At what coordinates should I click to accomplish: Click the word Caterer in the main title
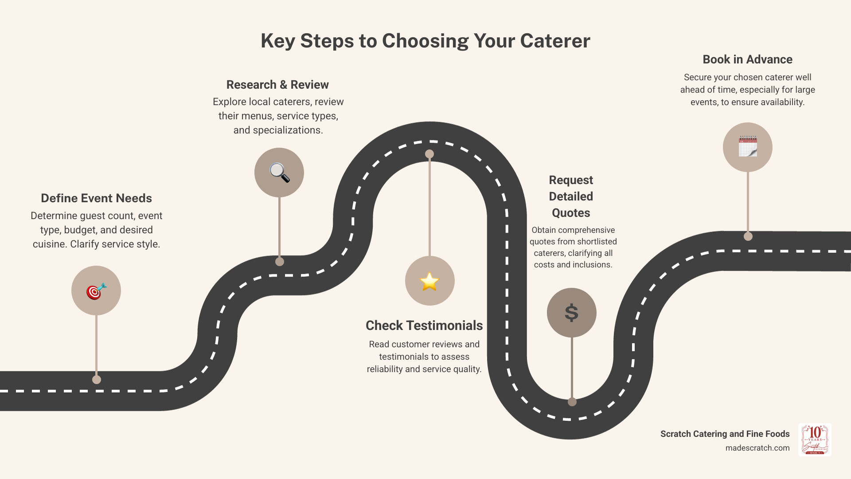pos(555,41)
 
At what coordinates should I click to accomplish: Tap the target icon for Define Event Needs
pos(96,291)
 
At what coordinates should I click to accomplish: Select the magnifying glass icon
pos(279,173)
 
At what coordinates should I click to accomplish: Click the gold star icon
pos(429,281)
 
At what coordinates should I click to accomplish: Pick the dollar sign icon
pos(571,313)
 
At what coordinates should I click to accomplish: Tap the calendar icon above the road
pos(748,147)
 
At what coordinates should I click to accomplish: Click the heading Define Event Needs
pos(96,198)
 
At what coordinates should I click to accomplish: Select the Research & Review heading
pos(277,85)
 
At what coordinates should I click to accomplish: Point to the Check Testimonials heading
pos(424,326)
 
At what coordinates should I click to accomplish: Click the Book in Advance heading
pos(747,59)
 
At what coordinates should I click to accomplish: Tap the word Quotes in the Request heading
pos(571,213)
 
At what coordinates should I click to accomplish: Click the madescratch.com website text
pos(757,448)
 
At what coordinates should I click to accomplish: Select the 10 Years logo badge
pos(815,440)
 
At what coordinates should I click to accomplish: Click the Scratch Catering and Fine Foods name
pos(725,434)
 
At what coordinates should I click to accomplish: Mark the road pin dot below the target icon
pos(97,380)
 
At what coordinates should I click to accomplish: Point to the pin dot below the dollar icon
pos(572,402)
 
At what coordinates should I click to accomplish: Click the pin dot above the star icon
pos(429,154)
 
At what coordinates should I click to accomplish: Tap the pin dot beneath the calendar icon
pos(748,236)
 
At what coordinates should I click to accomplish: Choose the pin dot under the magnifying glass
pos(280,262)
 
